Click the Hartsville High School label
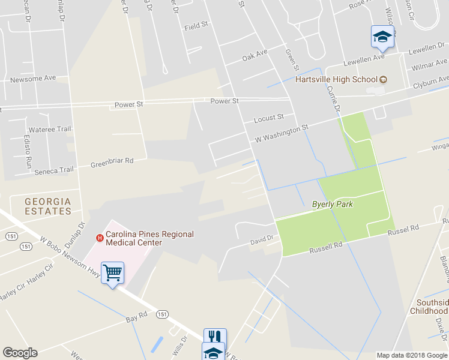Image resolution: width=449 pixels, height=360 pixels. tap(336, 79)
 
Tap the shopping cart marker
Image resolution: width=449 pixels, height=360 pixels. tap(112, 274)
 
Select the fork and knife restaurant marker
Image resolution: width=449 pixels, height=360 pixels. tap(214, 338)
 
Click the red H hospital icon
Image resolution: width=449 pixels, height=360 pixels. tap(100, 238)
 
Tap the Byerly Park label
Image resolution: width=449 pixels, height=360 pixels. tap(332, 204)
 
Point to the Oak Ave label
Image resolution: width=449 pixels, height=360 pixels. tap(255, 55)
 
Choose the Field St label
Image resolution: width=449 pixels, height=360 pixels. tap(196, 26)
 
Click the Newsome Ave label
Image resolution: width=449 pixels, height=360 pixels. tap(33, 78)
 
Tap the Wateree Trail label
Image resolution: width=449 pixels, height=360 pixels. tap(50, 129)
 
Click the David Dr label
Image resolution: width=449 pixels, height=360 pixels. tap(262, 239)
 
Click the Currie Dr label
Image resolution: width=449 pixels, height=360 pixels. tap(334, 96)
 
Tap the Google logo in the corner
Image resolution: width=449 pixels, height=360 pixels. tap(20, 353)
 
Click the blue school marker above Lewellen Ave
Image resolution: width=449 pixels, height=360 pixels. tap(382, 37)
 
